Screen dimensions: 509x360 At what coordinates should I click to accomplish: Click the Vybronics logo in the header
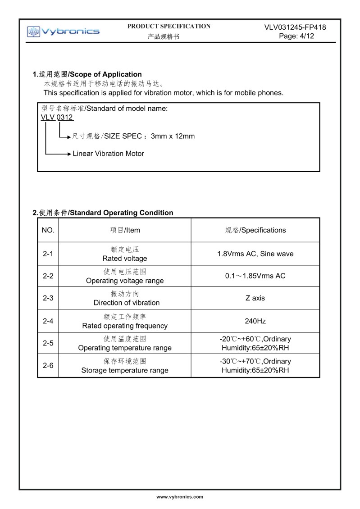pyautogui.click(x=63, y=31)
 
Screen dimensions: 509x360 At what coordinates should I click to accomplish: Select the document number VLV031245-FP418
pyautogui.click(x=295, y=27)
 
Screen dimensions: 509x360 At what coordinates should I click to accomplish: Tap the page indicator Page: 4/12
pyautogui.click(x=296, y=36)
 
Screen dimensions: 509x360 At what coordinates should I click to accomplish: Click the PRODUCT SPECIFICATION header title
pyautogui.click(x=169, y=26)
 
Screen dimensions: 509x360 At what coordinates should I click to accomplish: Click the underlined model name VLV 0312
pyautogui.click(x=57, y=118)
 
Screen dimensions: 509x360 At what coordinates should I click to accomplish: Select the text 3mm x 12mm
pyautogui.click(x=173, y=136)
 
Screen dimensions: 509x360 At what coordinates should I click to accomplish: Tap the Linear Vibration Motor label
pyautogui.click(x=108, y=154)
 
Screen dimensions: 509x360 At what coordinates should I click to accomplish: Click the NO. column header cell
pyautogui.click(x=48, y=230)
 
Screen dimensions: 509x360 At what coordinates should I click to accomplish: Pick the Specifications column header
pyautogui.click(x=255, y=230)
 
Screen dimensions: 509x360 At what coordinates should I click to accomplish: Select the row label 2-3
pyautogui.click(x=48, y=298)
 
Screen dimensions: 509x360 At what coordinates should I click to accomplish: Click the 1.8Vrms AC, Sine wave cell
pyautogui.click(x=255, y=254)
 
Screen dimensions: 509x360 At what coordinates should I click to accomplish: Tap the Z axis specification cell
pyautogui.click(x=255, y=298)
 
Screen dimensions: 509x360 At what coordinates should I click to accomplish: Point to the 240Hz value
pyautogui.click(x=255, y=321)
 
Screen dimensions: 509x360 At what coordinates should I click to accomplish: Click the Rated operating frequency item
pyautogui.click(x=125, y=326)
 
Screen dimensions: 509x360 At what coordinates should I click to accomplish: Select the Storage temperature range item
pyautogui.click(x=125, y=370)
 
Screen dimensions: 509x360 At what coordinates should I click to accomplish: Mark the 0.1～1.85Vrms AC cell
pyautogui.click(x=255, y=276)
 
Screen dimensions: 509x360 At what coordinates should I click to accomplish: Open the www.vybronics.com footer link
pyautogui.click(x=180, y=497)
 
